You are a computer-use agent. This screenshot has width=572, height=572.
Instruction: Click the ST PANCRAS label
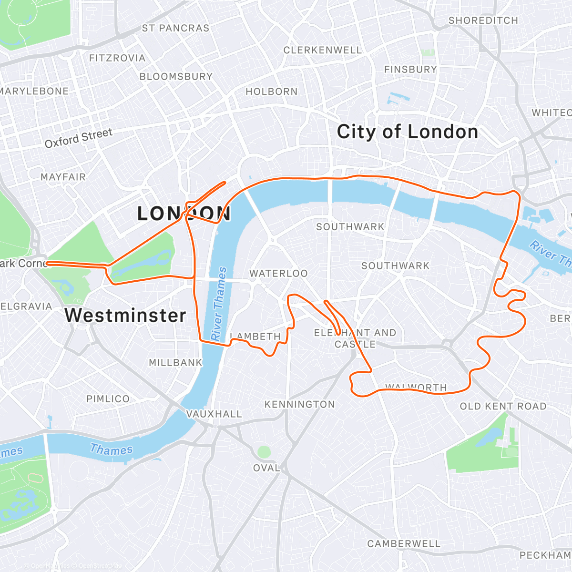[175, 29]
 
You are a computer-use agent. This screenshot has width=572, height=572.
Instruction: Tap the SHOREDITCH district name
[483, 20]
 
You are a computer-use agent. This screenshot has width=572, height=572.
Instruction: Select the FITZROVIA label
[117, 58]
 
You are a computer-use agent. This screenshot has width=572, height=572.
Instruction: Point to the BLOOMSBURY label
[176, 77]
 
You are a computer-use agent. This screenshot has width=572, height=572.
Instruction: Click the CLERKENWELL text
[323, 51]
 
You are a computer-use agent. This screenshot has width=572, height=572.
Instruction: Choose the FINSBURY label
[410, 70]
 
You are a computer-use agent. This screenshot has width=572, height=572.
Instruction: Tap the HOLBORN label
[271, 92]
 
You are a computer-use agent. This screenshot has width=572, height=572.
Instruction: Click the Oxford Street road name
[79, 138]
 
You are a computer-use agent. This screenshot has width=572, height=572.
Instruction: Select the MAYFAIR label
[63, 177]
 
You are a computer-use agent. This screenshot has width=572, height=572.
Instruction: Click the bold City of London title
[407, 132]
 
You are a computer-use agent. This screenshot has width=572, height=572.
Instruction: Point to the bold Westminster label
[125, 316]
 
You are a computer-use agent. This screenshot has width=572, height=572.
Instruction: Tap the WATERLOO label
[278, 274]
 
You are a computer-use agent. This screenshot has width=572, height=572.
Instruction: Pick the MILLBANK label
[175, 363]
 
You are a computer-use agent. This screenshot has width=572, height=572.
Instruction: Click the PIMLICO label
[108, 399]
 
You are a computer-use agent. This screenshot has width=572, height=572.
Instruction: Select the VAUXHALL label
[214, 414]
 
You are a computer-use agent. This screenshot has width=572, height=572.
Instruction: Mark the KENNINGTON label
[299, 405]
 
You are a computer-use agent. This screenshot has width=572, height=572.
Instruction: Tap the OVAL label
[266, 468]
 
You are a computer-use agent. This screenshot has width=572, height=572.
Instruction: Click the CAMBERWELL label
[404, 544]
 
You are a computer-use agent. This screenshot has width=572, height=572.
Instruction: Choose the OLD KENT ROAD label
[503, 407]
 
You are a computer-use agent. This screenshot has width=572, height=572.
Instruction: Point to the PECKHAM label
[545, 555]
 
